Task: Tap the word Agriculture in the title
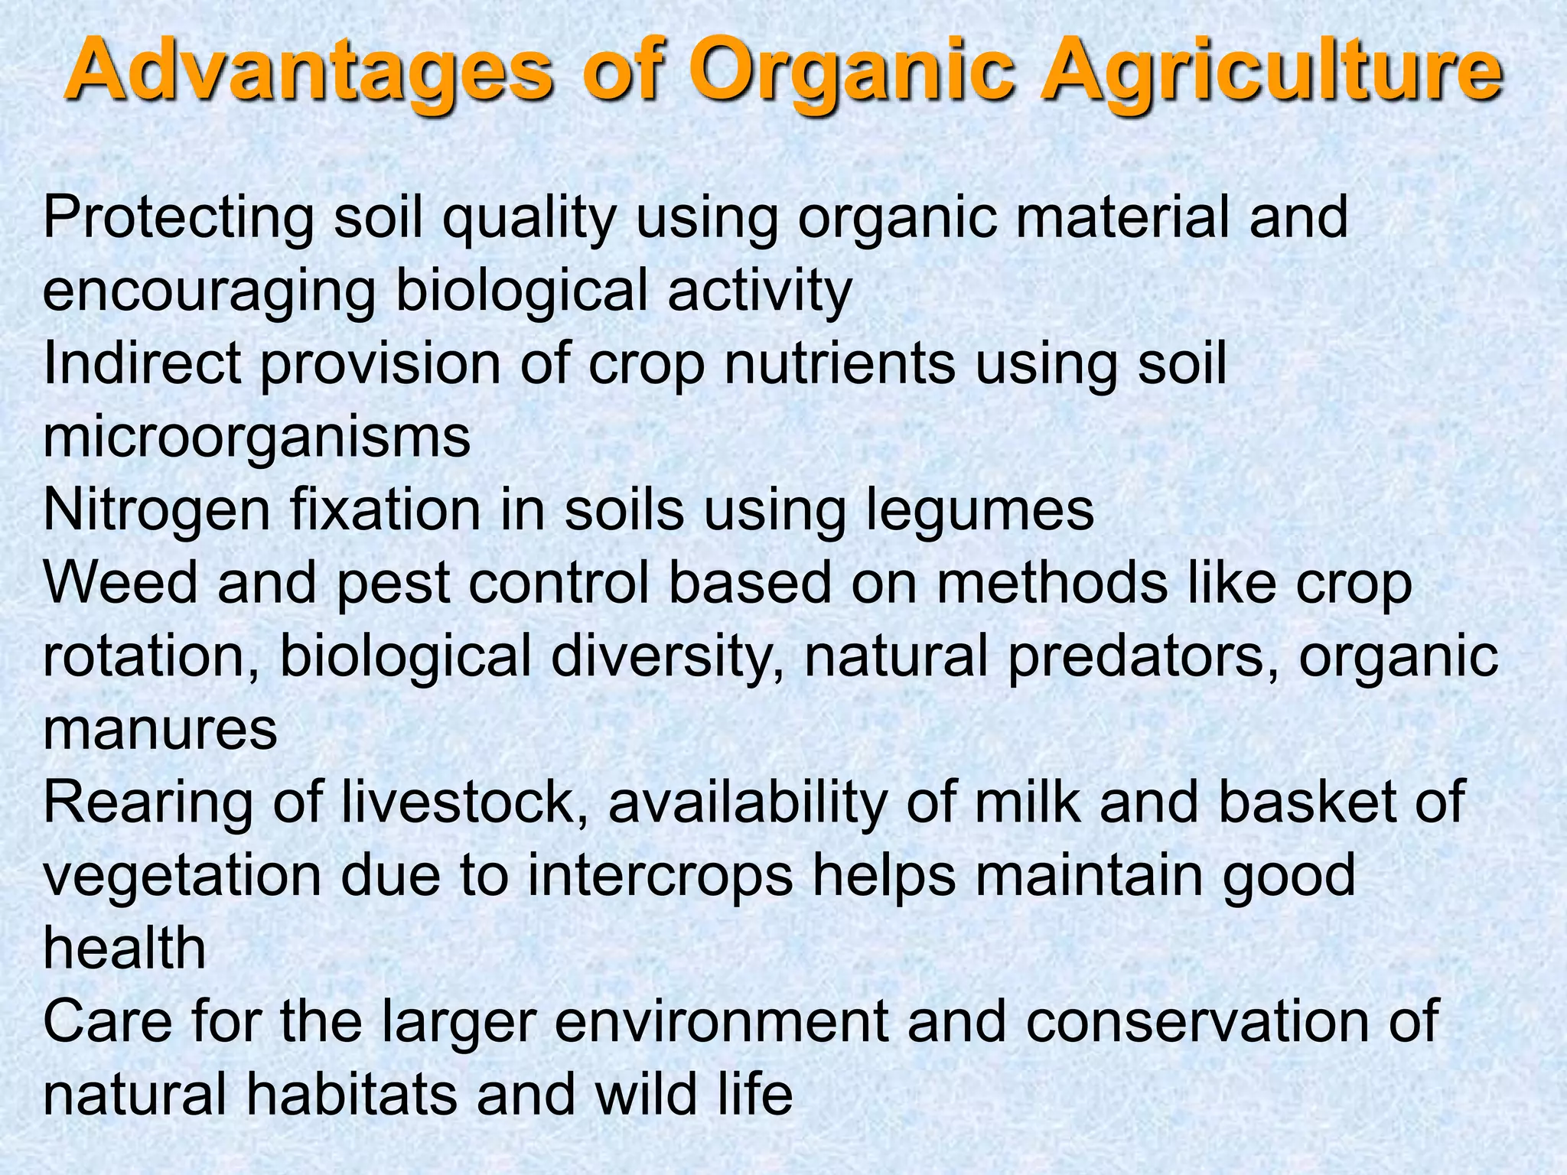[1270, 73]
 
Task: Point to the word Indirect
[142, 363]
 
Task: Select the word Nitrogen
[157, 510]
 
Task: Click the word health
[125, 949]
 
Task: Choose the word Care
[107, 1022]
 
